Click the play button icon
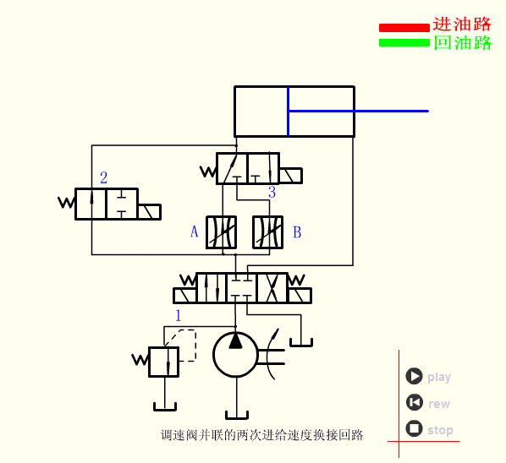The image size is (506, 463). tap(414, 376)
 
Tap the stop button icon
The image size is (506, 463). tap(414, 428)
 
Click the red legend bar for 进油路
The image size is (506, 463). tap(404, 27)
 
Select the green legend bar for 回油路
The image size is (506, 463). tap(404, 42)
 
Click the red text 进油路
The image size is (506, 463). tap(462, 25)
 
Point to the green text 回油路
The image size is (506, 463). tap(462, 42)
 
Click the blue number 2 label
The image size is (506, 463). tap(103, 177)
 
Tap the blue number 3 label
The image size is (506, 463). tap(272, 193)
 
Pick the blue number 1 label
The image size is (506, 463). tap(178, 315)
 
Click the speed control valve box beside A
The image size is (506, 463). tap(222, 232)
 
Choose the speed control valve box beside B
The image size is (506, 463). tap(268, 232)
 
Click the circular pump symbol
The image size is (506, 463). tap(235, 355)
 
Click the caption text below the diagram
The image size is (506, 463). tap(261, 436)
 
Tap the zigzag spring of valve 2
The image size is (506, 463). tap(67, 203)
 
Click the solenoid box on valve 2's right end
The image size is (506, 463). tap(149, 211)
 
